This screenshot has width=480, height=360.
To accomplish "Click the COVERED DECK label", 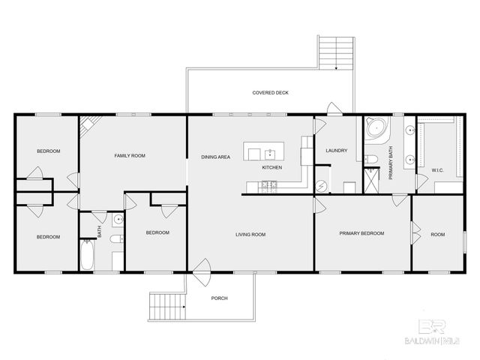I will click(270, 92).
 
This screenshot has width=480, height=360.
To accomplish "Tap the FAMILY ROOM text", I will click(129, 156).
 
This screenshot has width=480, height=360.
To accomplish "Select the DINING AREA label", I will click(215, 157).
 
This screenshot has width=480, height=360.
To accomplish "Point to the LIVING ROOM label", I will click(250, 235).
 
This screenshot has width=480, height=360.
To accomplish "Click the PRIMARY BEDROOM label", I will click(361, 233).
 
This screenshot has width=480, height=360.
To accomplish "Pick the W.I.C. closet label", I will click(438, 170).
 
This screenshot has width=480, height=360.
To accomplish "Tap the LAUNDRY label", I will click(336, 151).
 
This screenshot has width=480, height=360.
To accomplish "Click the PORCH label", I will click(219, 298).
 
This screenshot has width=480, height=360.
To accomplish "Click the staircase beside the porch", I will click(163, 305).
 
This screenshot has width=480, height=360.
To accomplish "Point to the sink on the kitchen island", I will click(270, 154).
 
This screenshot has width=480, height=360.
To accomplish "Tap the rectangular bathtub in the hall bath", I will click(87, 256).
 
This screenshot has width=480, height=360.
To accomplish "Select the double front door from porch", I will click(200, 268).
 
